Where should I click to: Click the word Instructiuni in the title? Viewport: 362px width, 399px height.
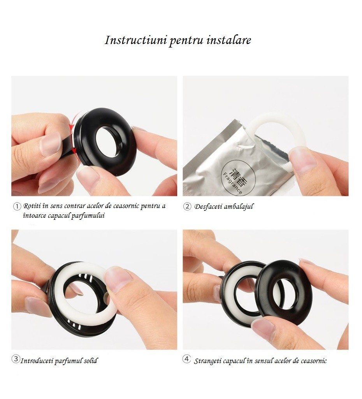point(136,40)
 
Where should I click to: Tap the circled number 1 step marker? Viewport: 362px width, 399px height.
point(17,207)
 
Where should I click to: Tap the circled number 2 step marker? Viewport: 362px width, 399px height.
point(187,206)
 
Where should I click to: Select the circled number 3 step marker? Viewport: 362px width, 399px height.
point(16,359)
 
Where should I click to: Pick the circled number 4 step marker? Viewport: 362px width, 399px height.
point(187,359)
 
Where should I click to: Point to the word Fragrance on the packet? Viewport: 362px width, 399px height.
point(232,183)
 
